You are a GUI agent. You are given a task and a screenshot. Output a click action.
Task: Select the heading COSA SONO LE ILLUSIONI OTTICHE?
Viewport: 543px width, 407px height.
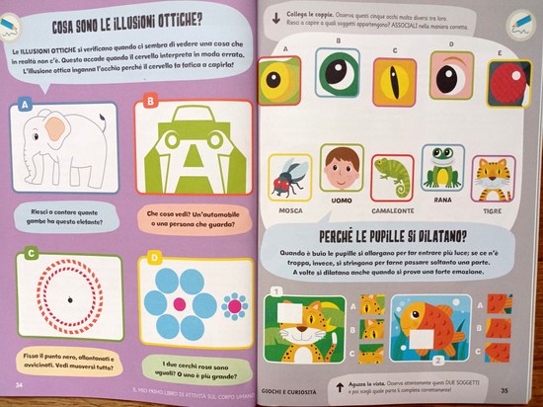point(134,22)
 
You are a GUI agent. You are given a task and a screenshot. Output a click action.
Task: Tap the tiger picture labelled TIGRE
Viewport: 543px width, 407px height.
point(492,176)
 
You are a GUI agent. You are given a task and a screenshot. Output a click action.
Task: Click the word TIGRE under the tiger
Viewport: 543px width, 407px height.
point(493,210)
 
